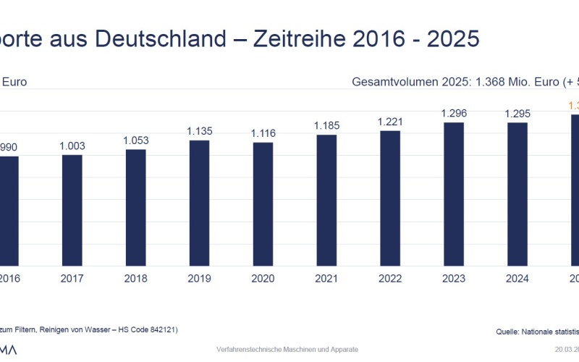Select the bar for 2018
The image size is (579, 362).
coord(136,207)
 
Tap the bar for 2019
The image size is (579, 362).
coord(199,203)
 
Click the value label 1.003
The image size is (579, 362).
coord(72,146)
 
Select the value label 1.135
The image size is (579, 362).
coord(199,131)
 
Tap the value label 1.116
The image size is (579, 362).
coord(263,133)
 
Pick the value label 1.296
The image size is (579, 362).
coord(454,114)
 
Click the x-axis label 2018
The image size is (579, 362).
coord(136,279)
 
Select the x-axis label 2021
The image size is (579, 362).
coord(326,279)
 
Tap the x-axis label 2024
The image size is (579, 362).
coord(517,279)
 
